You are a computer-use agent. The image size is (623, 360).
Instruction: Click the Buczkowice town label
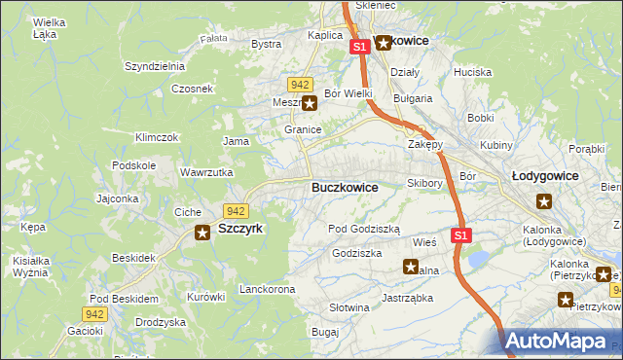coord(345,187)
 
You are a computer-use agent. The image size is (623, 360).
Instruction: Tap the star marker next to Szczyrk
coord(202,232)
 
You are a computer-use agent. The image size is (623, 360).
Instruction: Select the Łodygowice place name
coord(545,176)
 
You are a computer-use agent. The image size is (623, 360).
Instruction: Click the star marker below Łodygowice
coord(544,201)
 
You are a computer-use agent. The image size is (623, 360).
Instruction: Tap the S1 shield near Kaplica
coord(359,46)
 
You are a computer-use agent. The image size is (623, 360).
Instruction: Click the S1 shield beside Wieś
coord(461,235)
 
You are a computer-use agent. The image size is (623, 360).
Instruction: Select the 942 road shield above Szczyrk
coord(235,211)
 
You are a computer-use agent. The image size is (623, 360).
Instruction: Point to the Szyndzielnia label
coord(154,66)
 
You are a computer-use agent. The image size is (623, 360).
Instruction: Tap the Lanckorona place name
coord(267,290)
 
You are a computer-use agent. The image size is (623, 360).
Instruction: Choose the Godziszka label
coord(356,252)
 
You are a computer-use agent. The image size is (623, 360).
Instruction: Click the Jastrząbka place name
coord(407,298)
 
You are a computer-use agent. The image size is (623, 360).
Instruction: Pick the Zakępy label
coord(424,144)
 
